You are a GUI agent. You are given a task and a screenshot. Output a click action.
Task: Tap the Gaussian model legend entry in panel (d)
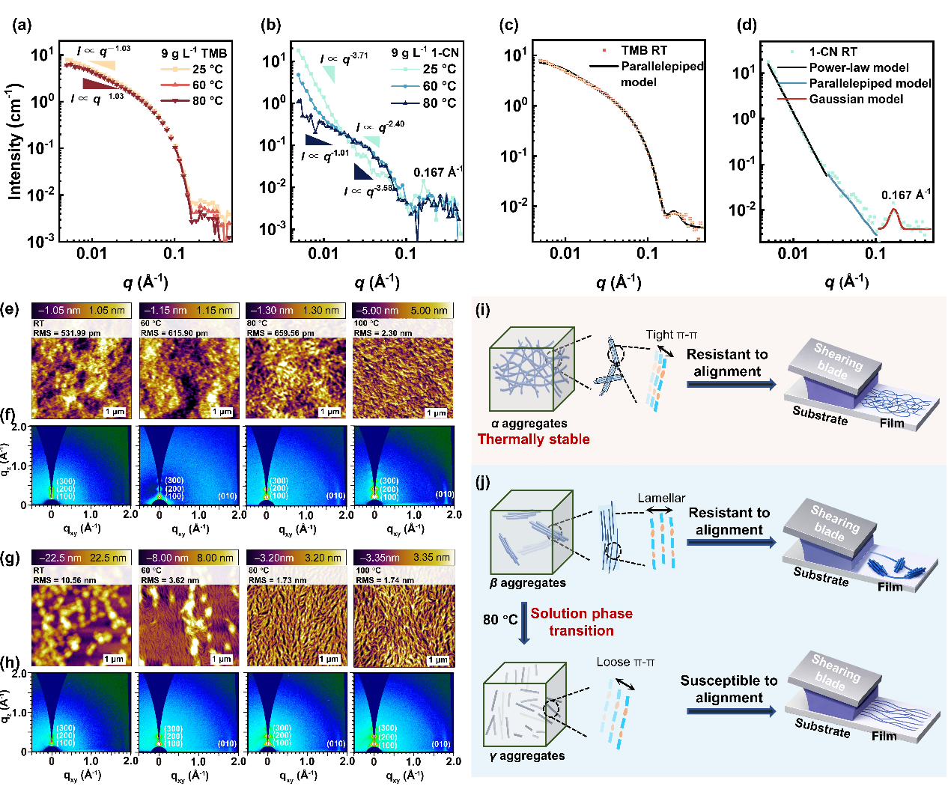(855, 99)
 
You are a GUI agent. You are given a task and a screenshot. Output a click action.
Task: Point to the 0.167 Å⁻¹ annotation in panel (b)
(437, 173)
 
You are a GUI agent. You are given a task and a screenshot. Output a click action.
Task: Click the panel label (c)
(509, 25)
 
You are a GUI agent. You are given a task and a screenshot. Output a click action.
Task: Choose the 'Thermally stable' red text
(533, 439)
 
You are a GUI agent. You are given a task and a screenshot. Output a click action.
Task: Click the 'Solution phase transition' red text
(581, 622)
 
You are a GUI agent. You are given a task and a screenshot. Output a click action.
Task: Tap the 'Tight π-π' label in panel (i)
(672, 335)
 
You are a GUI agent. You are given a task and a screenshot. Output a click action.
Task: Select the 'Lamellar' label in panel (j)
(661, 499)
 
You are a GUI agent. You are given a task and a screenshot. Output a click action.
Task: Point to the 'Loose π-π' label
(625, 663)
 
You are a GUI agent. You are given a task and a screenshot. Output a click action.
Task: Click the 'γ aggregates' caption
(527, 756)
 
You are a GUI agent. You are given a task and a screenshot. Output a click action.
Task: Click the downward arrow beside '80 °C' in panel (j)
(524, 628)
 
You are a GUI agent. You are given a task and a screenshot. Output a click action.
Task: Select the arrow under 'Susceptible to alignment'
(730, 711)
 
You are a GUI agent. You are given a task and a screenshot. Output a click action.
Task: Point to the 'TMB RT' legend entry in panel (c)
(643, 50)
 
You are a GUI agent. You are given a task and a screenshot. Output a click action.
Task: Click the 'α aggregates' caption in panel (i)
(529, 424)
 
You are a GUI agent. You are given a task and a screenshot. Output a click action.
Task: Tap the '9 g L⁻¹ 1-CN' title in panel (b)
(425, 52)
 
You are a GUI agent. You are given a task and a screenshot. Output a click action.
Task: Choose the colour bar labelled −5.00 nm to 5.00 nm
(402, 310)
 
